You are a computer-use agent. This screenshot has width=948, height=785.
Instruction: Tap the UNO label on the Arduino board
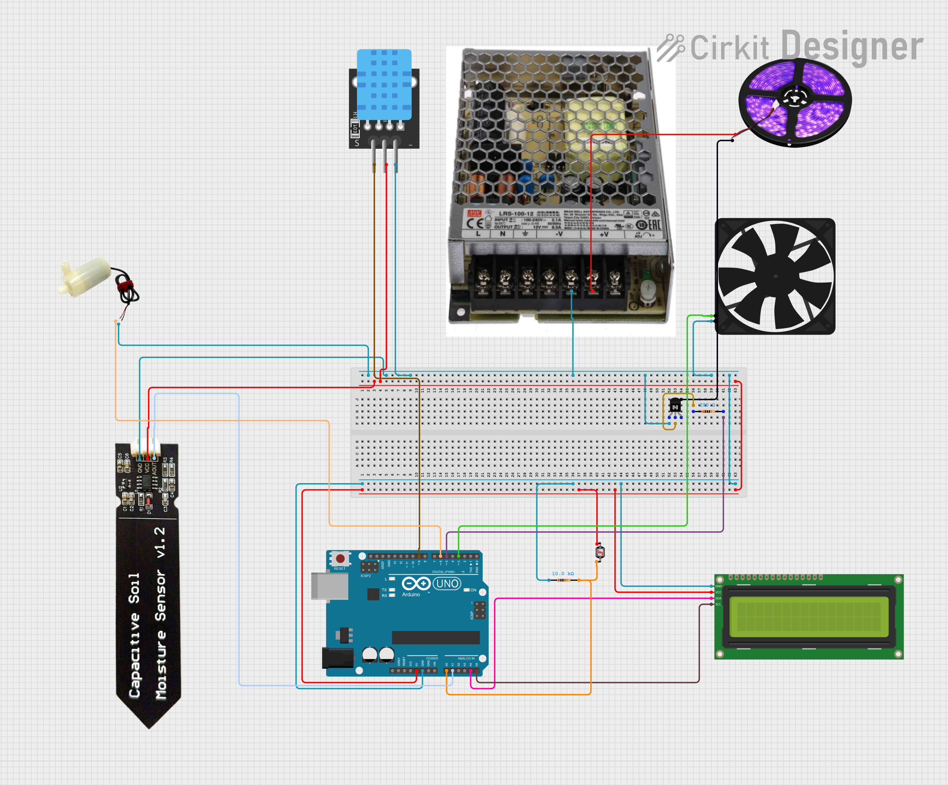tap(447, 583)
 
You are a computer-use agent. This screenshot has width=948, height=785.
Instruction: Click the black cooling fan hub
tap(775, 276)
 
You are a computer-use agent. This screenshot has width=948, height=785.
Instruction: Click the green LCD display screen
tap(809, 617)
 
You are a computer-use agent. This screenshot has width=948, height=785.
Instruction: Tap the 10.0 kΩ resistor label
tap(562, 573)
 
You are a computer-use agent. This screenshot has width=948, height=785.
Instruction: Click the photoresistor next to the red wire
tap(600, 552)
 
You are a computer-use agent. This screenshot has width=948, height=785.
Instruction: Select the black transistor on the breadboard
tap(675, 406)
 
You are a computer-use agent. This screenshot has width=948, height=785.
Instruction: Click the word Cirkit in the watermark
tap(729, 47)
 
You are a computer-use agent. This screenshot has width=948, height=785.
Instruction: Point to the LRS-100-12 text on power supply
tap(515, 214)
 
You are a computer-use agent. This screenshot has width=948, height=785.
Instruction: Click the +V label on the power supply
tap(604, 234)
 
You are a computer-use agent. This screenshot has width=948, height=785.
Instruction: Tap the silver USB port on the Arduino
tap(329, 586)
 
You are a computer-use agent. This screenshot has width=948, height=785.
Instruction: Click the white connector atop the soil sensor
tap(148, 447)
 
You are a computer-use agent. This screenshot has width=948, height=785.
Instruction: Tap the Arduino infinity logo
tap(416, 583)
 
